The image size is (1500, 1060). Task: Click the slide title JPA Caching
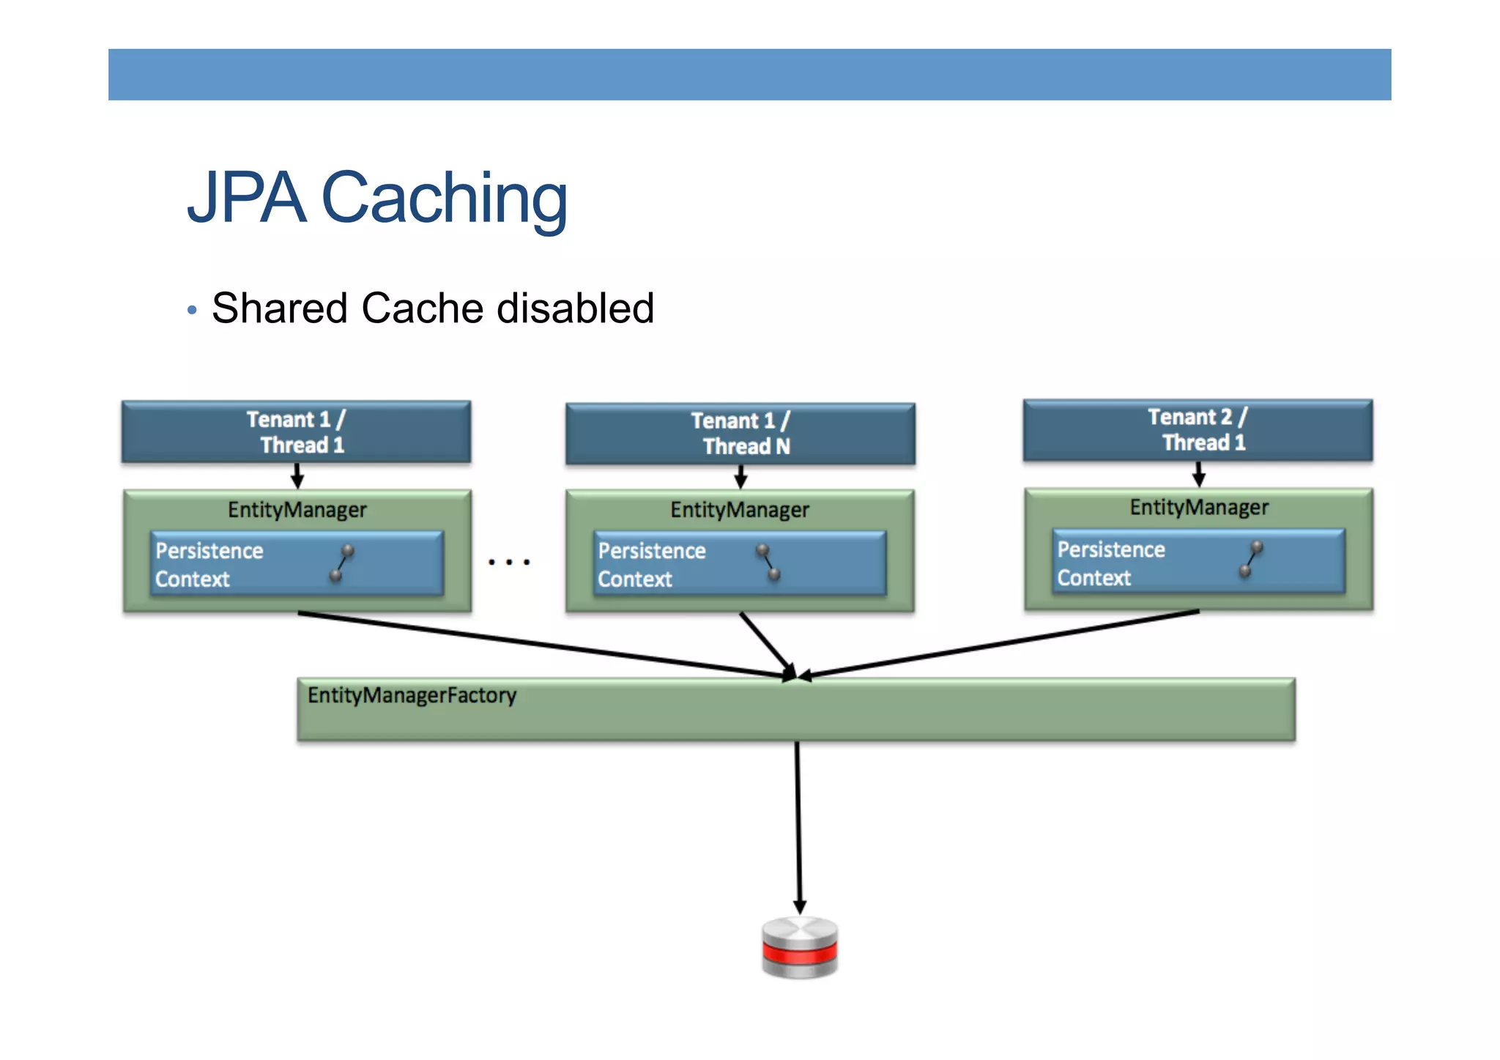377,198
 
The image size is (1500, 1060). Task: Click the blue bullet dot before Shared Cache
192,310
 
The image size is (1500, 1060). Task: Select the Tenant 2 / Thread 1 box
1198,430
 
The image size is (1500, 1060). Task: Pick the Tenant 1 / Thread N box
740,433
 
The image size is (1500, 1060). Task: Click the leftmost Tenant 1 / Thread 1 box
296,431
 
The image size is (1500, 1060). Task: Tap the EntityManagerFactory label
412,695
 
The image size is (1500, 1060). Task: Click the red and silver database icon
800,947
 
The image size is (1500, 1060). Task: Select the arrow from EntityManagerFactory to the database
798,828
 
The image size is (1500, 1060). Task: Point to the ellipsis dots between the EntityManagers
509,562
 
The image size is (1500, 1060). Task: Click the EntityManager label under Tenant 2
1198,507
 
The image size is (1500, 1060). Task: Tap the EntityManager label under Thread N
740,510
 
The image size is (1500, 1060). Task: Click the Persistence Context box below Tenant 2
1198,562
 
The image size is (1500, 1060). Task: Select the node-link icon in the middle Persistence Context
768,562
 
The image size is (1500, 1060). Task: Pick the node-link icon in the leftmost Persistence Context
341,563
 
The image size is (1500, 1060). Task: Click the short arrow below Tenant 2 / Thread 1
1198,474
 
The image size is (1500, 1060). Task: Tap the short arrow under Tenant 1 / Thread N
740,477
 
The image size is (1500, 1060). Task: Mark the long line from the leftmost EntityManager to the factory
542,645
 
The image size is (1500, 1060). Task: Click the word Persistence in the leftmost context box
209,551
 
